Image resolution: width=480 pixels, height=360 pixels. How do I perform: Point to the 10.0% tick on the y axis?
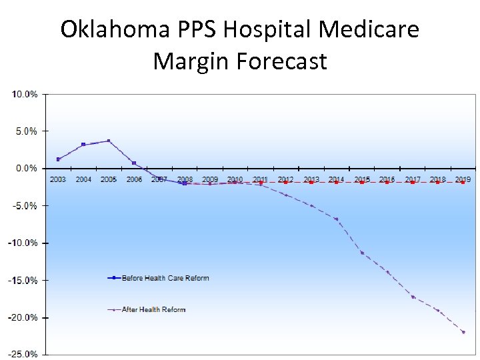coord(24,94)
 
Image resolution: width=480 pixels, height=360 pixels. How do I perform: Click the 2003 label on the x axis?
coord(58,179)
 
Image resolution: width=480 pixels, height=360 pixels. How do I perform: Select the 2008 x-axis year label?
coord(185,179)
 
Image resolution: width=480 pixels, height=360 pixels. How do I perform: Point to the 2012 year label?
coord(286,179)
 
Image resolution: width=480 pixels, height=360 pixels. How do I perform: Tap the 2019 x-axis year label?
coord(463,179)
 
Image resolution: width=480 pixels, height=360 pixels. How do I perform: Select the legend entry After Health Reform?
coord(153,309)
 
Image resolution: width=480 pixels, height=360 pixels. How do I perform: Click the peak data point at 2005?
coord(109,141)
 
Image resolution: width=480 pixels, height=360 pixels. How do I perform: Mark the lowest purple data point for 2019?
coord(463,332)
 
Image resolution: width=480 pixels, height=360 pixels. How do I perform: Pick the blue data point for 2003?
coord(58,159)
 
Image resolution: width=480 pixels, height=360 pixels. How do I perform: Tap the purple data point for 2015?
coord(362,253)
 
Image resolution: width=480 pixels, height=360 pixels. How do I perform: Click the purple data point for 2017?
coord(413,297)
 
